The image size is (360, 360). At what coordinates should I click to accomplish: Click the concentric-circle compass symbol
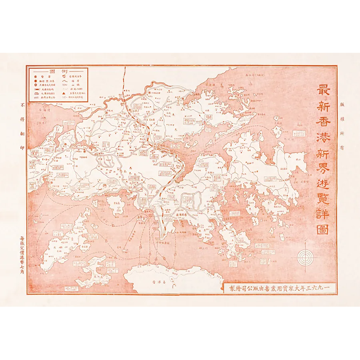[x=306, y=258]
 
